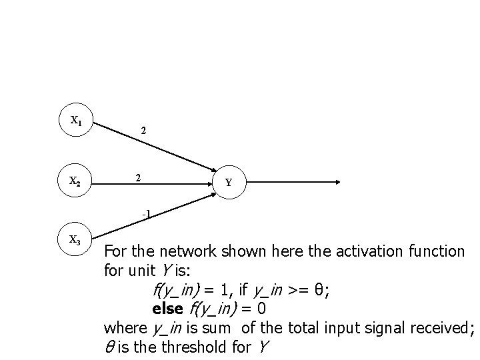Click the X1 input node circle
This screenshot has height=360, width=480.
(77, 121)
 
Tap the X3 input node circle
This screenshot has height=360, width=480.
(77, 241)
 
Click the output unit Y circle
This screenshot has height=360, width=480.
(229, 182)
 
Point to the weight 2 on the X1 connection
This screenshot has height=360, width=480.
(144, 132)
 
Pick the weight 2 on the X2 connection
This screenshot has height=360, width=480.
(137, 178)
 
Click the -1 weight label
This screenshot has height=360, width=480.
(146, 214)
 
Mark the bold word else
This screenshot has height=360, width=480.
(167, 309)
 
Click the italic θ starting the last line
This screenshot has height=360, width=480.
(109, 347)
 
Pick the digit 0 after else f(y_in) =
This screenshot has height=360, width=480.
(261, 309)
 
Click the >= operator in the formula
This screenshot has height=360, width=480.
(299, 290)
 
